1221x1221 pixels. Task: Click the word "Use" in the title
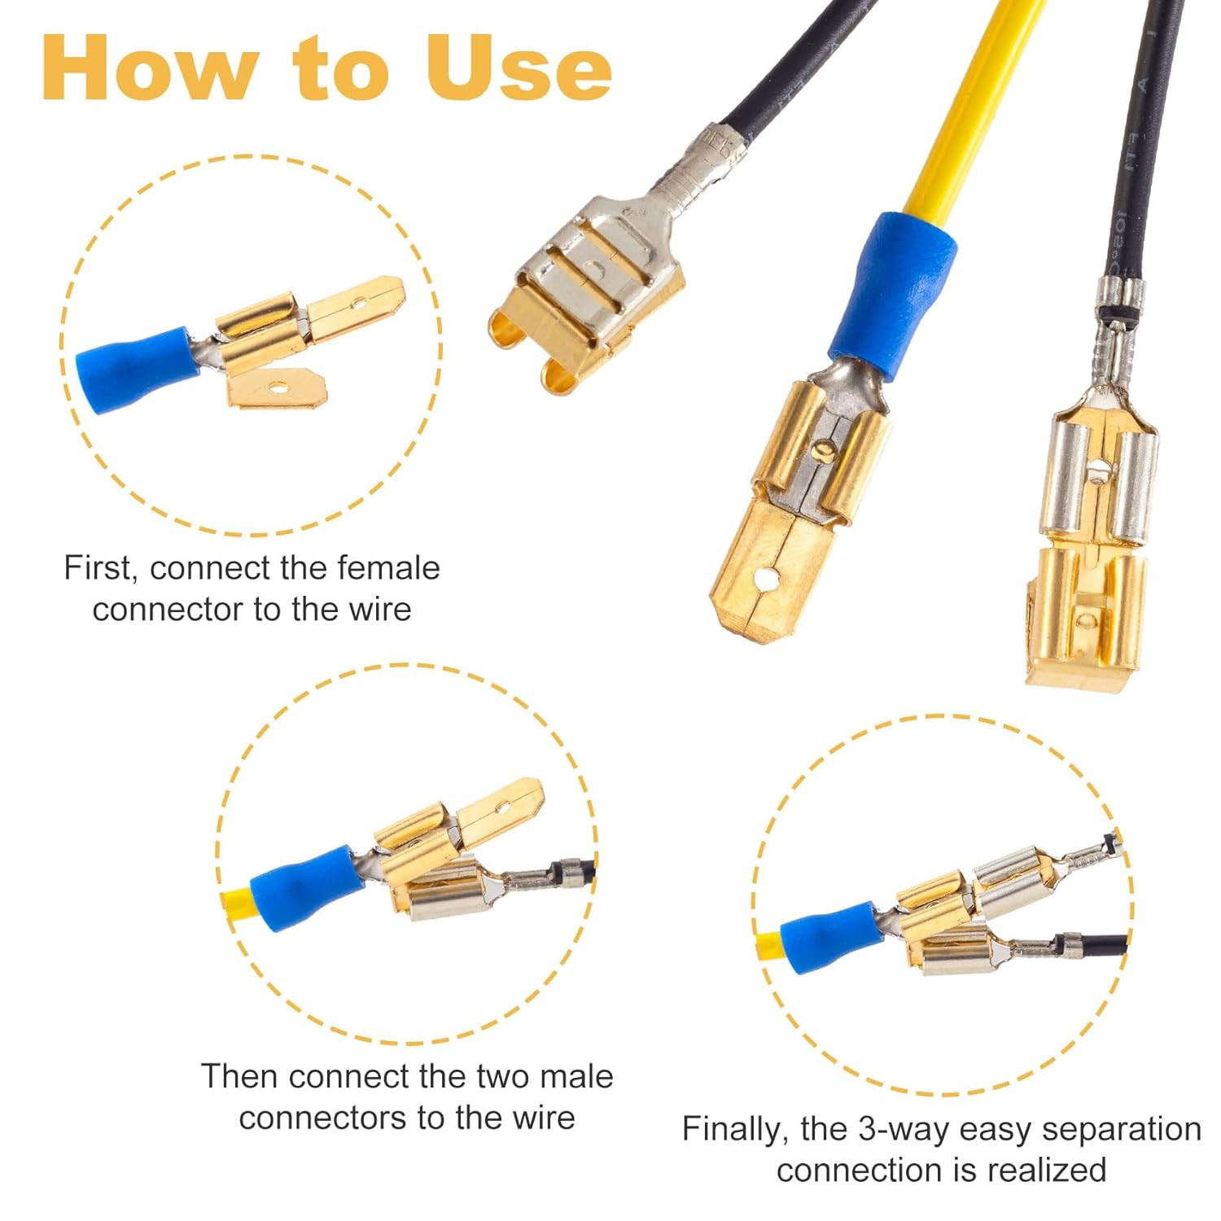518,68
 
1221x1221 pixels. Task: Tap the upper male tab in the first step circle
355,308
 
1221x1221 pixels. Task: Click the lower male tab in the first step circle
277,387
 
